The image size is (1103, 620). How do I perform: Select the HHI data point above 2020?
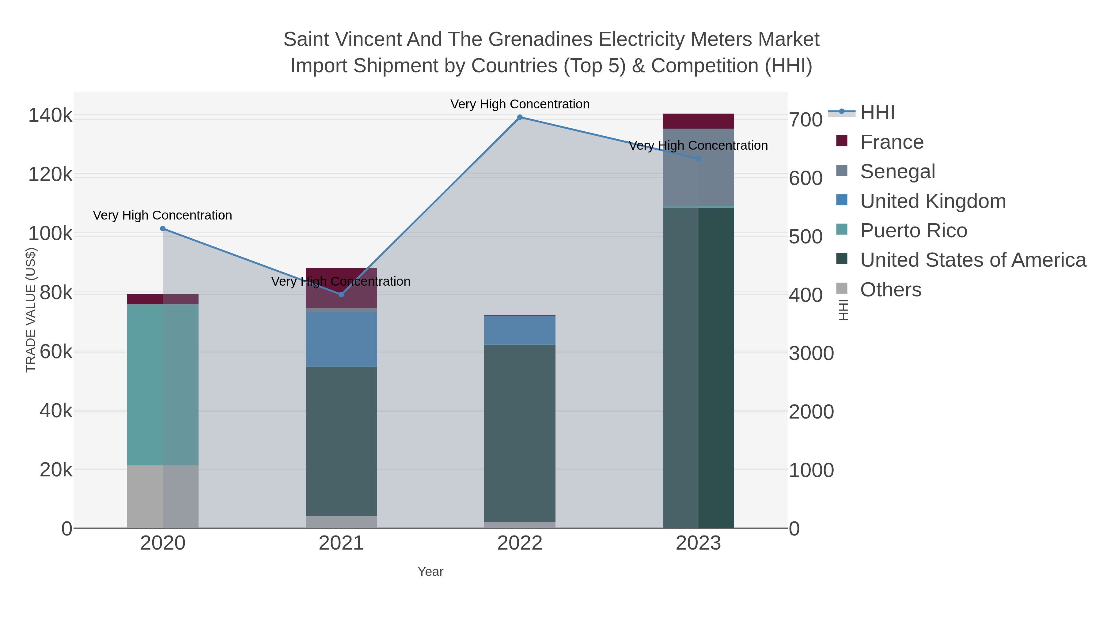[x=163, y=229]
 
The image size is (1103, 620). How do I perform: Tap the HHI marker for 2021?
[x=341, y=294]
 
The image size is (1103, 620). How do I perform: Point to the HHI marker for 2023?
[x=698, y=159]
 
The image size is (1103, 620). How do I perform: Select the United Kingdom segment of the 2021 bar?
[x=341, y=339]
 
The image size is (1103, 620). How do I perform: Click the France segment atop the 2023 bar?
[x=698, y=121]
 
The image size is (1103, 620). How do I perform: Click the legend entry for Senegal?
[x=897, y=171]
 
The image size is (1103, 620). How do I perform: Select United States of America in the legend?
[x=972, y=260]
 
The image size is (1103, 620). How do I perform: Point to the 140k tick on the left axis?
[x=50, y=115]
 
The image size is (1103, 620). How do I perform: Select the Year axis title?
[x=430, y=572]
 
